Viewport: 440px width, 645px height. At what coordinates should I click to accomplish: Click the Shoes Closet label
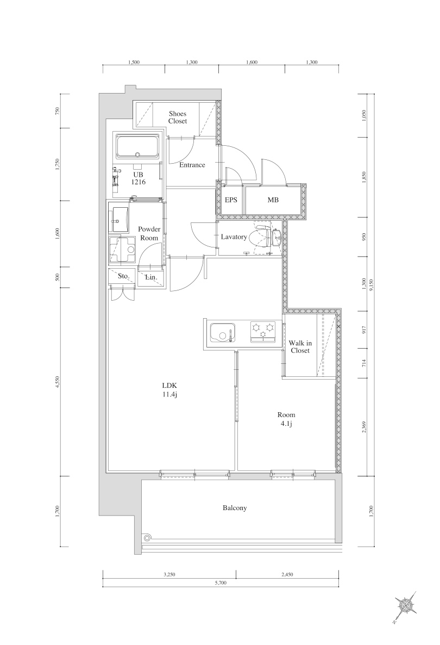pyautogui.click(x=178, y=117)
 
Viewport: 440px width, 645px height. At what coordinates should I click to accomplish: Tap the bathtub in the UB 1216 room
pyautogui.click(x=137, y=147)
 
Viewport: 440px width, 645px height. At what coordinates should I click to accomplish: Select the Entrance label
pyautogui.click(x=192, y=165)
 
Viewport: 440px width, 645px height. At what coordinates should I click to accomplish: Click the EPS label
pyautogui.click(x=231, y=200)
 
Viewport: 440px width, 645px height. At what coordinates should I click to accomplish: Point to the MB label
pyautogui.click(x=273, y=200)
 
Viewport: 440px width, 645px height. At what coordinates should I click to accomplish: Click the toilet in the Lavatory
pyautogui.click(x=263, y=238)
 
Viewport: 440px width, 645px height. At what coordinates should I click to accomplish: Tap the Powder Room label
pyautogui.click(x=148, y=233)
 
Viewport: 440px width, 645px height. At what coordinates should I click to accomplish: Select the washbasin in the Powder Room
pyautogui.click(x=118, y=217)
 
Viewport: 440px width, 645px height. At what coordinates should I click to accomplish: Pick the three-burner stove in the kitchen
pyautogui.click(x=262, y=331)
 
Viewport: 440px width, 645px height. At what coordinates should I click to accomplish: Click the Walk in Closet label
pyautogui.click(x=300, y=346)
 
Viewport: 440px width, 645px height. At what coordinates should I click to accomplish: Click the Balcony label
pyautogui.click(x=235, y=508)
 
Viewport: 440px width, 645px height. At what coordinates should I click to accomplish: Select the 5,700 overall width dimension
pyautogui.click(x=221, y=582)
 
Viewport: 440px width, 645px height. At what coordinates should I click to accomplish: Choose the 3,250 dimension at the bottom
pyautogui.click(x=169, y=574)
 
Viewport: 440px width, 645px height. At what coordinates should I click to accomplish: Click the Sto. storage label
pyautogui.click(x=123, y=276)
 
